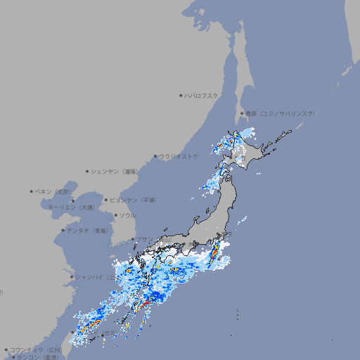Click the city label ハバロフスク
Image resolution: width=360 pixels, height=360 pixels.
(x=201, y=95)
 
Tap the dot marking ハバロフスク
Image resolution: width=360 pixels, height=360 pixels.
(x=181, y=95)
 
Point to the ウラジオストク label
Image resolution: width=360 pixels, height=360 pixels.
(x=179, y=156)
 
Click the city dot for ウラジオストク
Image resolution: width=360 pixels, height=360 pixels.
(x=155, y=156)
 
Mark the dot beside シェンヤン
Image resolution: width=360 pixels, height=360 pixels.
(x=88, y=171)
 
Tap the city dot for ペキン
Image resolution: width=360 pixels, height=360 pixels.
(x=32, y=191)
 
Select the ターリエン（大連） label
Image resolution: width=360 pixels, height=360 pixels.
(x=71, y=207)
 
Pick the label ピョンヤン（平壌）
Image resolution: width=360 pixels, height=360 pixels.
(x=133, y=200)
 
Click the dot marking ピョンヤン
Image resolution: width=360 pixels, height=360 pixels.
(x=106, y=200)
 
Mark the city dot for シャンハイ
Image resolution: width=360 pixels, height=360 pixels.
(x=72, y=276)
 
